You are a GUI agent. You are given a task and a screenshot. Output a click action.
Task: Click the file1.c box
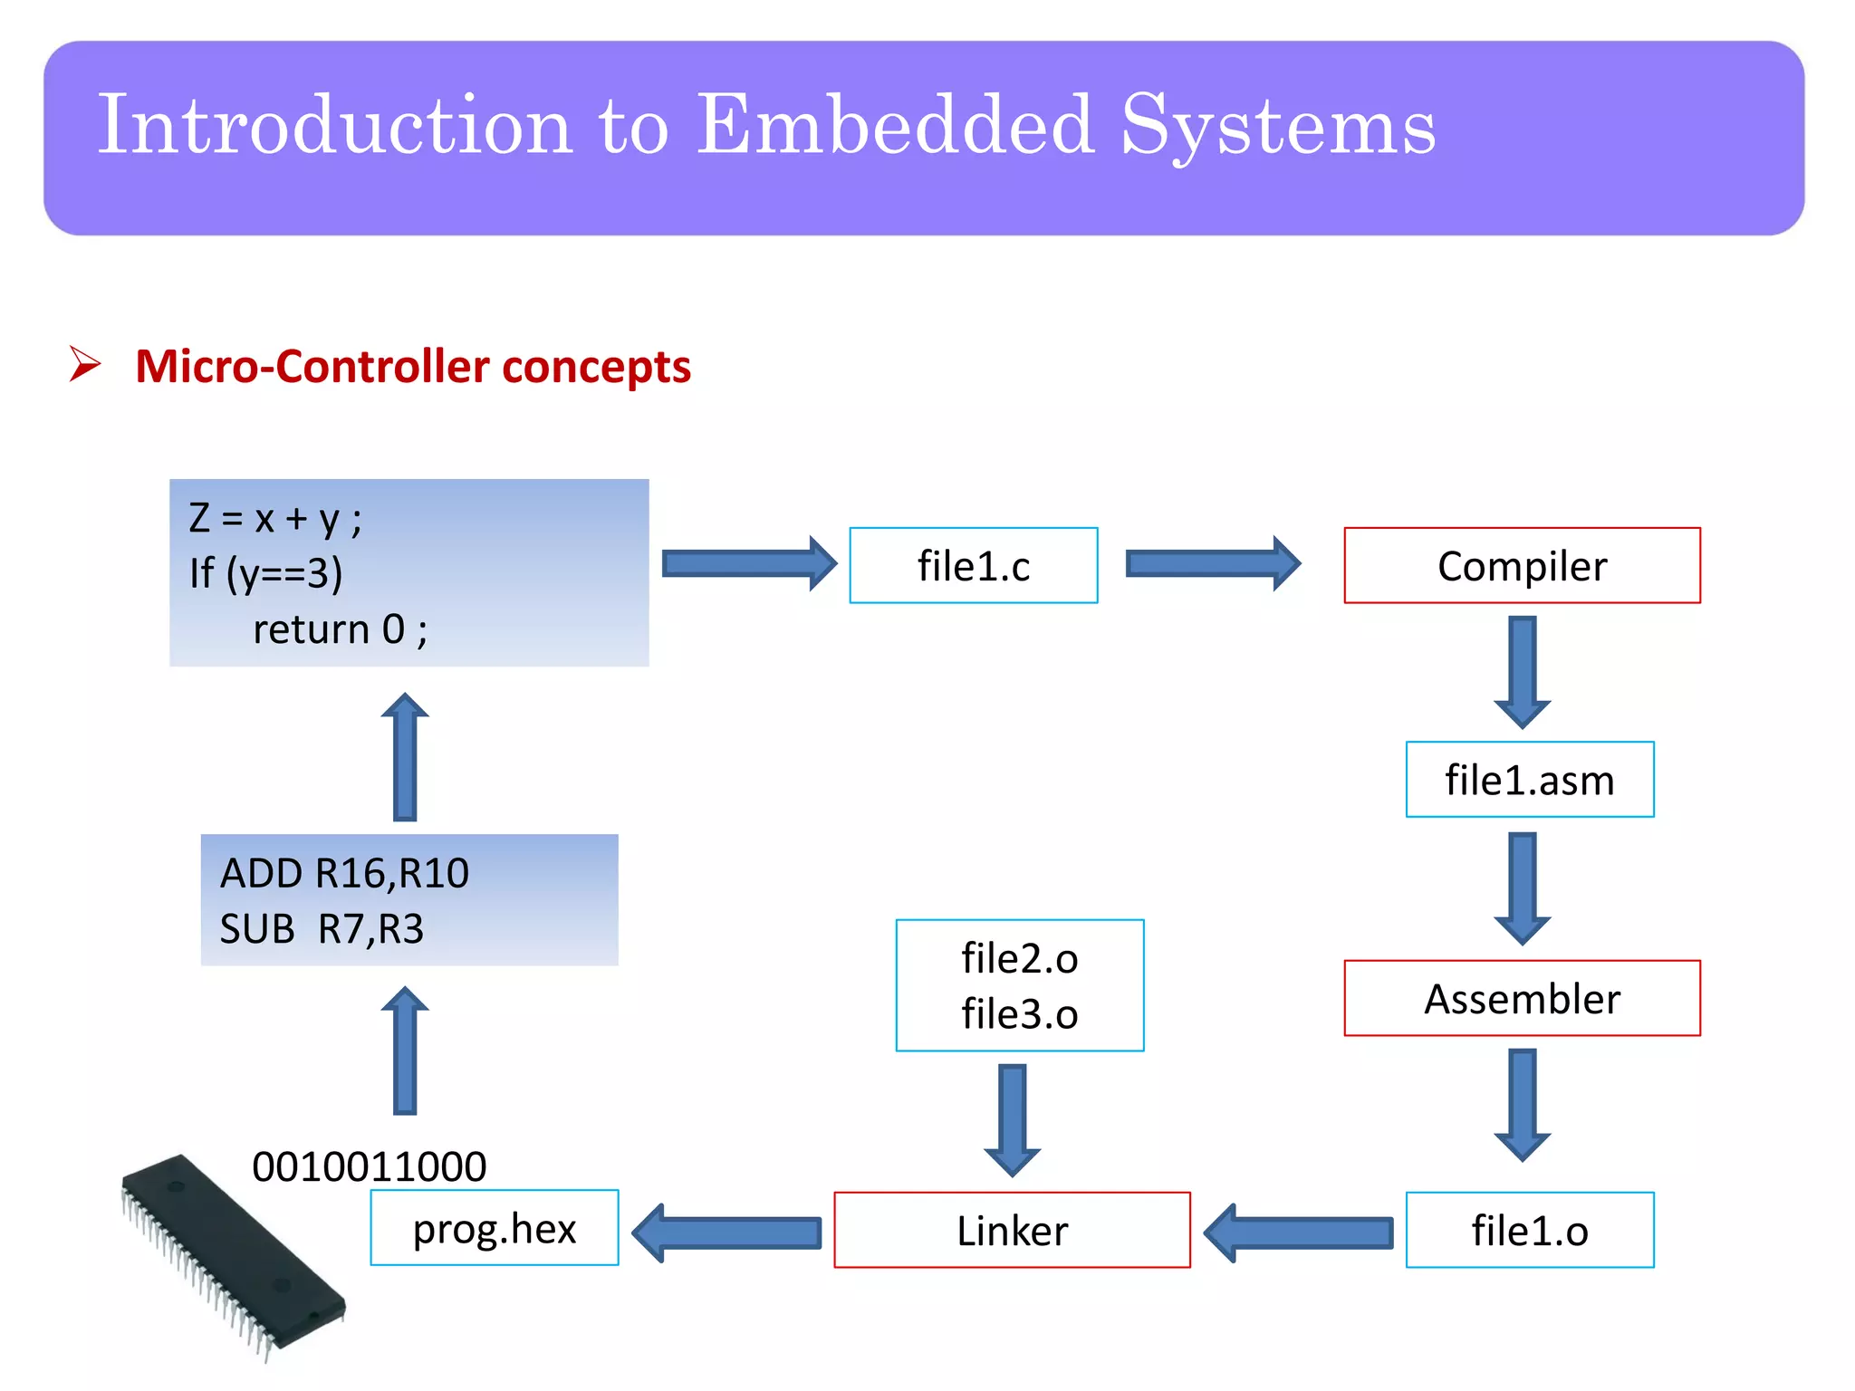(x=973, y=565)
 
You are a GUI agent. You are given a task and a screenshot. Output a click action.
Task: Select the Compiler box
(x=1522, y=565)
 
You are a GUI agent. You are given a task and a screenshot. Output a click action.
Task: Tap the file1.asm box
(x=1529, y=780)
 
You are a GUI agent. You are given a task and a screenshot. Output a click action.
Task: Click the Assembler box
(x=1522, y=998)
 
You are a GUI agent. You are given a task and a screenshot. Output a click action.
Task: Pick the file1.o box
(x=1529, y=1230)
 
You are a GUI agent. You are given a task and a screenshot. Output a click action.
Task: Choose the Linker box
(x=1012, y=1230)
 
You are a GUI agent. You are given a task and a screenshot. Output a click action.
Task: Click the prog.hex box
(x=494, y=1228)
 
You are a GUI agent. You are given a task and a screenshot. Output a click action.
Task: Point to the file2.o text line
(x=1019, y=958)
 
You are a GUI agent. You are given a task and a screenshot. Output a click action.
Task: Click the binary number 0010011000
(x=369, y=1166)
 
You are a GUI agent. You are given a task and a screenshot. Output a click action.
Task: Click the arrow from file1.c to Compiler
(x=1212, y=563)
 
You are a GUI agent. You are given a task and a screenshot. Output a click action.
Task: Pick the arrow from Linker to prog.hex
(x=726, y=1232)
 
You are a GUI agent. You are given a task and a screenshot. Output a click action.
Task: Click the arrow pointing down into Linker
(x=1012, y=1119)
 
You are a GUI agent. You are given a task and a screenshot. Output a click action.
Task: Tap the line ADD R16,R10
(x=344, y=873)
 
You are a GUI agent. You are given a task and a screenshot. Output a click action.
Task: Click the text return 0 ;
(x=340, y=629)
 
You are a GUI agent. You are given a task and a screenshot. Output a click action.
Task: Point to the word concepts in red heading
(x=596, y=368)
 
